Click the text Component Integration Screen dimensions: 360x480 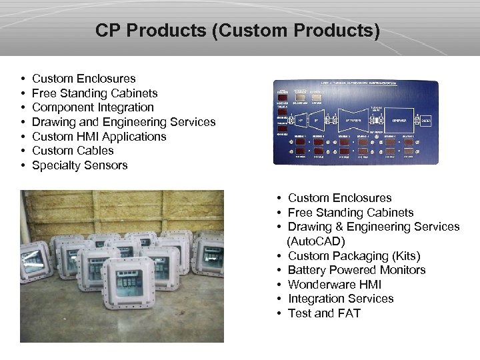tap(93, 107)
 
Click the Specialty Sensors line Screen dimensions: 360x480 tap(79, 165)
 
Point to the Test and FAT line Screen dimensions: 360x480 tap(324, 313)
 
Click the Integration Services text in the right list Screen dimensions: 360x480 tap(341, 299)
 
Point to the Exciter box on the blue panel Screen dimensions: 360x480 tap(425, 121)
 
